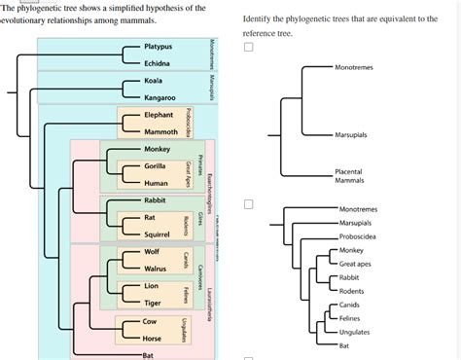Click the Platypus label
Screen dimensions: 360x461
point(158,47)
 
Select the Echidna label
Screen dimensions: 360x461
point(157,63)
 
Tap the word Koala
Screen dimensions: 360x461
point(153,81)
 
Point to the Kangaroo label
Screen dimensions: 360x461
point(160,98)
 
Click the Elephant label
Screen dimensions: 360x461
point(158,115)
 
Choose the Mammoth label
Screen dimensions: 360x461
point(160,132)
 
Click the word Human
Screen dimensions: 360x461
point(156,183)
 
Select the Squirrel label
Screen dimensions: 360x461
point(158,234)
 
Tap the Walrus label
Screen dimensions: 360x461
point(156,269)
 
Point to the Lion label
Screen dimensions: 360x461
point(151,286)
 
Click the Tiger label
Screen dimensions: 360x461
point(153,304)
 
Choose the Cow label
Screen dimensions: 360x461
point(150,320)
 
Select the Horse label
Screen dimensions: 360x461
point(153,338)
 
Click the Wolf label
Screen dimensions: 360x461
point(153,252)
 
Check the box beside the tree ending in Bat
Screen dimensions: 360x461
point(250,205)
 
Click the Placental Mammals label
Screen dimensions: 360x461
point(348,176)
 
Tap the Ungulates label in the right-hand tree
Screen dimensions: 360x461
point(354,332)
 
